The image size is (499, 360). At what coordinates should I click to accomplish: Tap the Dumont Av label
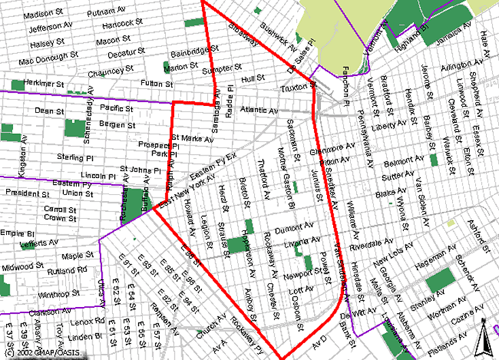click(x=298, y=226)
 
